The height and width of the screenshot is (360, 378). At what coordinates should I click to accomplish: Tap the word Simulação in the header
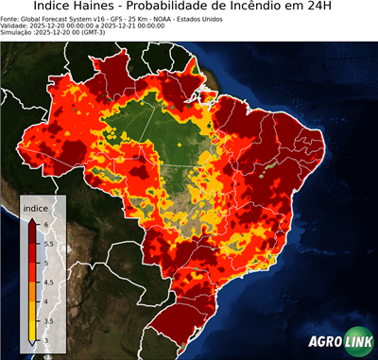pyautogui.click(x=17, y=32)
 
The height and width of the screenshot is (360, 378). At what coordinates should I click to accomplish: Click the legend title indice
pyautogui.click(x=35, y=208)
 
